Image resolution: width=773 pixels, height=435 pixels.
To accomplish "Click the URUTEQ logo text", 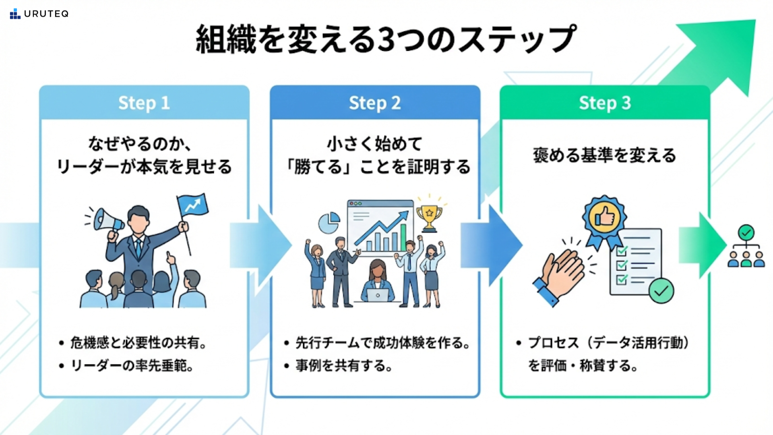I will point(46,14).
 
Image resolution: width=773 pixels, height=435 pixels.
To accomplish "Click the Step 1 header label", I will point(144,103).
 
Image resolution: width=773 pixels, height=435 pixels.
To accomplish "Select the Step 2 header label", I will point(374,103).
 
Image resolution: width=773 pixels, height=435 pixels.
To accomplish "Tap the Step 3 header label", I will point(605,103).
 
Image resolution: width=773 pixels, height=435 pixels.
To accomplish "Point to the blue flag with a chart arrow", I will point(192,205).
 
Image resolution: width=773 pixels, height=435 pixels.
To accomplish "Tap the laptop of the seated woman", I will point(378,295).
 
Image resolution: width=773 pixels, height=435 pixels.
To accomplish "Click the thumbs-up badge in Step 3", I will point(604,218).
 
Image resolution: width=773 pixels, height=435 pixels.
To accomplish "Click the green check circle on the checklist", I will point(661,290).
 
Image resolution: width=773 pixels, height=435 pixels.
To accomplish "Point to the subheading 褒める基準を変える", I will point(604,155).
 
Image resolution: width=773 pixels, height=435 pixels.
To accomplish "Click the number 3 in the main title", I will point(386,39).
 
